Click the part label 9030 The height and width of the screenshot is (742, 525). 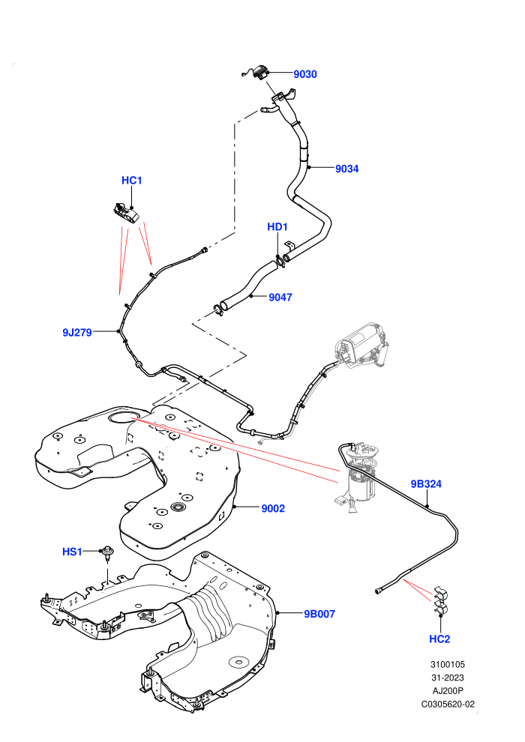[x=304, y=73]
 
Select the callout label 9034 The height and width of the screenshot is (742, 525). [x=347, y=169]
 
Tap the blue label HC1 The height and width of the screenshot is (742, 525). [x=131, y=181]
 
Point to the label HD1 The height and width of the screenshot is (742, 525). [x=277, y=226]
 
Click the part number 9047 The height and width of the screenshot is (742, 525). [x=280, y=298]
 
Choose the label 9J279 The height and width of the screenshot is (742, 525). [x=77, y=332]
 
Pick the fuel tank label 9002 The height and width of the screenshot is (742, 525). [x=273, y=508]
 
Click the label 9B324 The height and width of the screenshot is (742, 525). [x=426, y=483]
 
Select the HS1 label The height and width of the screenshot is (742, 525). [x=73, y=552]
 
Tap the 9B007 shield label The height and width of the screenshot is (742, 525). [x=319, y=614]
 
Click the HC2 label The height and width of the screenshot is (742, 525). [x=439, y=639]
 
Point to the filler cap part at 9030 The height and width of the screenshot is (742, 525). [x=257, y=73]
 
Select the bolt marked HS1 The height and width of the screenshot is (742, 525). [x=108, y=553]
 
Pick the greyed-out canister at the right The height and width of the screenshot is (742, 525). [x=361, y=345]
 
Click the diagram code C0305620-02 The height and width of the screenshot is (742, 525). [x=448, y=704]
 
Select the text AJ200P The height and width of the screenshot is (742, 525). [x=448, y=691]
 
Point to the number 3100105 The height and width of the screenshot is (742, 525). [x=448, y=664]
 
